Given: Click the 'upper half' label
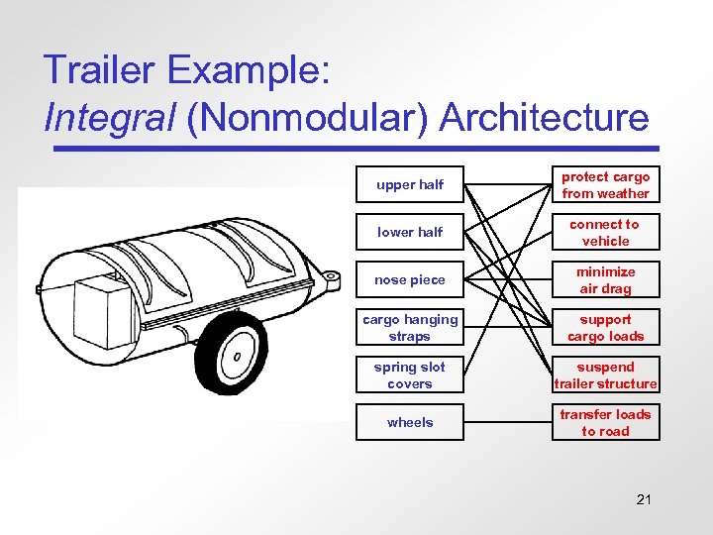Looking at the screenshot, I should point(410,185).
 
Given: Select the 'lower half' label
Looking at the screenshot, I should point(410,233).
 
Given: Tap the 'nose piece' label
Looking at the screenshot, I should point(410,280).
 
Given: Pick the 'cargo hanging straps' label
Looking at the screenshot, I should point(410,328).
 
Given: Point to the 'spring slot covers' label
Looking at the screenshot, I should point(410,375).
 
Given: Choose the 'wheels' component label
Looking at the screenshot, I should point(410,423).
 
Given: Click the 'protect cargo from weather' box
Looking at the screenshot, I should point(605,185).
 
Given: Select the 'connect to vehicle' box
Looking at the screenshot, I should point(605,233).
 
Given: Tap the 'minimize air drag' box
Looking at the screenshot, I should point(605,280).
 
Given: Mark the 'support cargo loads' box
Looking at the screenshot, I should point(605,328).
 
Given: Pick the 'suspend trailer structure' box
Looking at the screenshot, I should point(605,375).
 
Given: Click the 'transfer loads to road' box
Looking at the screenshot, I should point(605,423).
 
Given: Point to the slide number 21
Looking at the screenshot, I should point(644,499).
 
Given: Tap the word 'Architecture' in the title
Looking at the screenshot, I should point(544,118).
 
